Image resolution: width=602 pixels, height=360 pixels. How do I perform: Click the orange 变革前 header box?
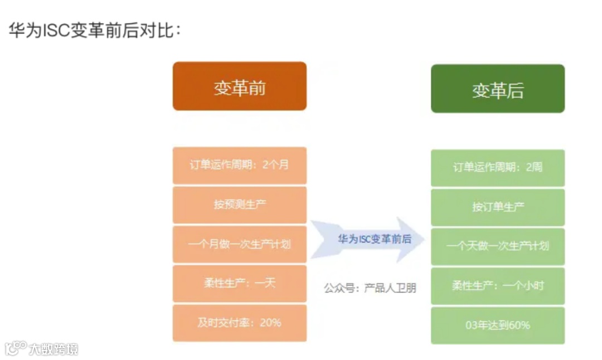click(x=240, y=86)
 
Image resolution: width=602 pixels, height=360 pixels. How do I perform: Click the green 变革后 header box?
click(x=498, y=89)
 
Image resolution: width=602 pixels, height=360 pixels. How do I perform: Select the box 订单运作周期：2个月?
click(x=240, y=166)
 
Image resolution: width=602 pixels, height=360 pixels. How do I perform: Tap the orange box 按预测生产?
click(x=240, y=205)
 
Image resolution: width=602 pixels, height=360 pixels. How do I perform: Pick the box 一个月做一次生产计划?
click(x=240, y=244)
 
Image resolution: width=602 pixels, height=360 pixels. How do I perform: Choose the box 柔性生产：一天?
click(x=240, y=283)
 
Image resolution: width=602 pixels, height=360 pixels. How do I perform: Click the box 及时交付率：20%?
click(x=240, y=323)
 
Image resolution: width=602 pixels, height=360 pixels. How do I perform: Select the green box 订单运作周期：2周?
click(x=498, y=168)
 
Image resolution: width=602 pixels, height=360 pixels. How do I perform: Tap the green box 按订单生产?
click(x=498, y=207)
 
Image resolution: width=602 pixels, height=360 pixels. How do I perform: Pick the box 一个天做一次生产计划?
click(x=498, y=246)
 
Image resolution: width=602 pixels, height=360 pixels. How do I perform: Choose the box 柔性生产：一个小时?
click(x=498, y=286)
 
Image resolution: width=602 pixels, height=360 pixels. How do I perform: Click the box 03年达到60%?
click(x=498, y=325)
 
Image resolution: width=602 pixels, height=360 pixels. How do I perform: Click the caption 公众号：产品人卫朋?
click(x=370, y=288)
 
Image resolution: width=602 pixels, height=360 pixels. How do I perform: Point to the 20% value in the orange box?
click(x=270, y=323)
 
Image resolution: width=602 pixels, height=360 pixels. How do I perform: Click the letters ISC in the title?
click(x=55, y=30)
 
